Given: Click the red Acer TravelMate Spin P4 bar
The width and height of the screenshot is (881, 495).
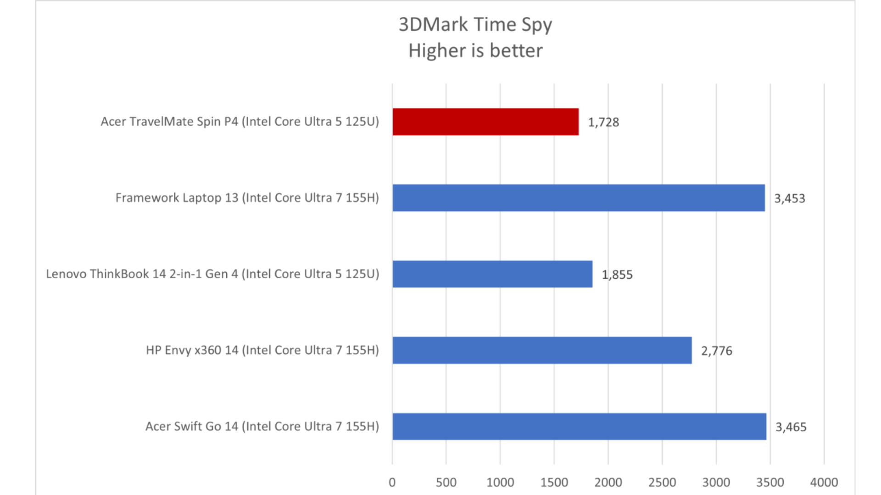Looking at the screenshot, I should click(x=485, y=122).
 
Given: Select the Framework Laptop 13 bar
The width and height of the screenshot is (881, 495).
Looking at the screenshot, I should click(x=579, y=198).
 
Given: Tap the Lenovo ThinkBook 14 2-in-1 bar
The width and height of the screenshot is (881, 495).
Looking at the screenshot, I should click(x=492, y=274).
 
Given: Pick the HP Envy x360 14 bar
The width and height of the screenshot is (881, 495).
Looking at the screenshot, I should click(x=542, y=350).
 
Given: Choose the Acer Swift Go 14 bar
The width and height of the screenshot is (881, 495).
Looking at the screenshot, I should click(x=579, y=426).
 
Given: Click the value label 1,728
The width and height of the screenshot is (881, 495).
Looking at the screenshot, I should click(x=603, y=122).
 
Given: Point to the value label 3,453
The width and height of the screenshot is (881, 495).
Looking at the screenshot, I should click(x=790, y=198).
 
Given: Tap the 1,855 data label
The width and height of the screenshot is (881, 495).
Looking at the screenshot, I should click(x=617, y=275).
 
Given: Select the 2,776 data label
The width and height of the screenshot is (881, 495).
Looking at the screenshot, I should click(x=716, y=351).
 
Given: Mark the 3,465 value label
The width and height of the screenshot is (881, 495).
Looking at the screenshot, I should click(x=791, y=427).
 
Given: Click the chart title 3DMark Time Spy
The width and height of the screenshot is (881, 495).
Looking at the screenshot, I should click(x=475, y=25).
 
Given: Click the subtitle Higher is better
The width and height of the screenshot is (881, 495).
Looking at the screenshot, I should click(x=475, y=50).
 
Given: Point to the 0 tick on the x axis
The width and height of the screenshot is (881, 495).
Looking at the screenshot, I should click(x=392, y=482).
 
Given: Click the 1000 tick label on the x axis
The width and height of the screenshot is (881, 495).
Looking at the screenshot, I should click(x=500, y=482).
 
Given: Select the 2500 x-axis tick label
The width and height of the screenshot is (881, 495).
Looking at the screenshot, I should click(x=662, y=482).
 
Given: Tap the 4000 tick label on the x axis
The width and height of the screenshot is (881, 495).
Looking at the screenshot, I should click(x=824, y=482).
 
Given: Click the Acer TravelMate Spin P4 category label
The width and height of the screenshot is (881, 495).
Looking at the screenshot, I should click(x=240, y=121).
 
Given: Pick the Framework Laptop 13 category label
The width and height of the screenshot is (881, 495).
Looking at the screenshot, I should click(x=247, y=198).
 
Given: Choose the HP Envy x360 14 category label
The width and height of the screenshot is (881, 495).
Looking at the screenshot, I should click(x=262, y=350).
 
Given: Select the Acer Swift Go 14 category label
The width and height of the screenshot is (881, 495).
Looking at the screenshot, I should click(x=262, y=426).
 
